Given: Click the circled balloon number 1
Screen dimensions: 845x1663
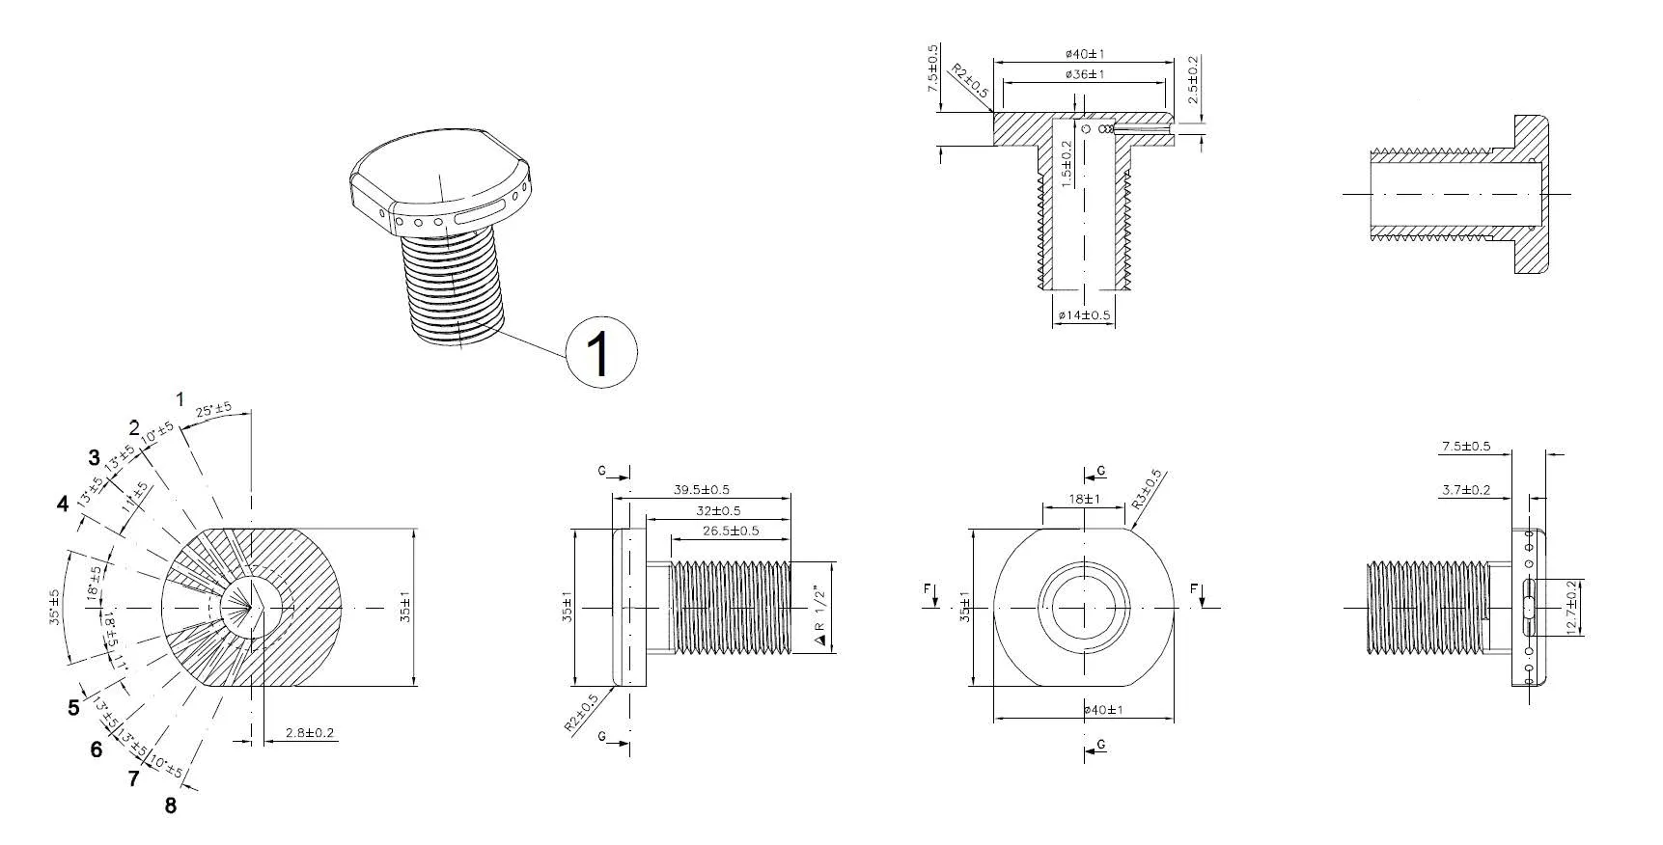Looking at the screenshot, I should pos(600,353).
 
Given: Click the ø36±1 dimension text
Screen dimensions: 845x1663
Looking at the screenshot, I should pos(1085,74).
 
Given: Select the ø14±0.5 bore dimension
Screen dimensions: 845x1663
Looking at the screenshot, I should pos(1084,315).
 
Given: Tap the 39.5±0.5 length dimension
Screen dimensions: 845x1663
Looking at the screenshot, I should pos(701,490).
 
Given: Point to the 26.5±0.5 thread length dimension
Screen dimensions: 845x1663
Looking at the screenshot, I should pos(730,531).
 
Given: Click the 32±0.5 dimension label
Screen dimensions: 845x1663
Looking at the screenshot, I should pos(718,510).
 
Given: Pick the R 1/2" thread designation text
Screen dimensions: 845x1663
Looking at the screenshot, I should pos(820,614).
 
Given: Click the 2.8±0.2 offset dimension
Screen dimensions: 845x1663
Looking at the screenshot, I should pos(309,734).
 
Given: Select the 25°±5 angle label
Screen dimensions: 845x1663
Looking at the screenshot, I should pos(213,410).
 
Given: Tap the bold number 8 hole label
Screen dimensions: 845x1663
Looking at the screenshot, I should pos(171,805).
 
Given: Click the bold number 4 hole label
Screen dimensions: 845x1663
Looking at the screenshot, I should pos(63,504).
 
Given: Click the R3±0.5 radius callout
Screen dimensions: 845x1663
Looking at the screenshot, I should pos(1149,490).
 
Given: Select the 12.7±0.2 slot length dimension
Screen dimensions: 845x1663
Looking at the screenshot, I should pos(1574,608).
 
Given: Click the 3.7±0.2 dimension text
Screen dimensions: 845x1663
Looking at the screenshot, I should pos(1465,490).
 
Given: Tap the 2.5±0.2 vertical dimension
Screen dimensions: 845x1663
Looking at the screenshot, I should pos(1194,81).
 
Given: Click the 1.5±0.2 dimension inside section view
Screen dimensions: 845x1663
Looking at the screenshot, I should pos(1067,164).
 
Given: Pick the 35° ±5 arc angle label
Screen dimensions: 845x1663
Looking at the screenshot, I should pos(55,608).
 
